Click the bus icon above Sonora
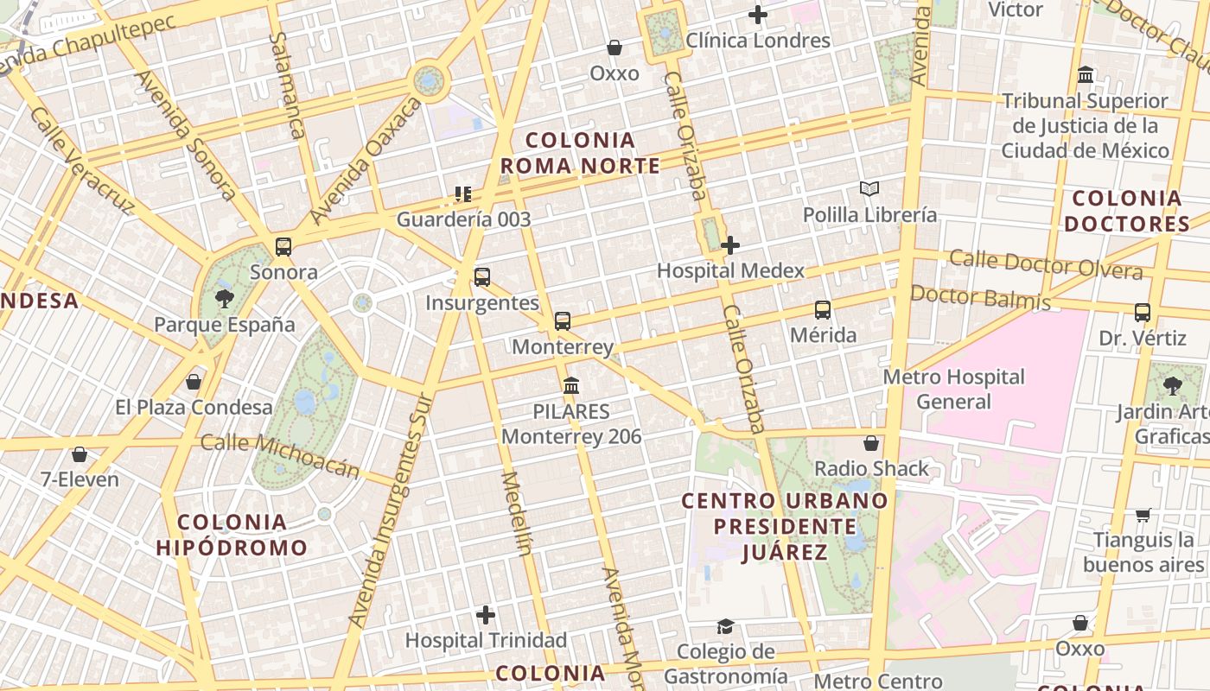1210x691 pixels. click(283, 247)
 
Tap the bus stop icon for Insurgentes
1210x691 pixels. click(482, 277)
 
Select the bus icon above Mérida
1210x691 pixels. click(823, 309)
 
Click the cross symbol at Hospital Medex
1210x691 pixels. click(730, 245)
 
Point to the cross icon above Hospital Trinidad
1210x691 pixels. click(486, 615)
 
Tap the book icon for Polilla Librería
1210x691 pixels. click(869, 188)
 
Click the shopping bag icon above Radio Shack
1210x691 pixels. click(871, 443)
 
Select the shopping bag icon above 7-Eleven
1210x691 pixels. click(80, 453)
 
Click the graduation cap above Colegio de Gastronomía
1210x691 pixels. click(725, 626)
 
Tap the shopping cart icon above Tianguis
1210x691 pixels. click(1143, 516)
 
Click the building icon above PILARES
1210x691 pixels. click(571, 385)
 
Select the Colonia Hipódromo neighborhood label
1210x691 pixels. click(232, 535)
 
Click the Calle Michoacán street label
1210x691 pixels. click(280, 455)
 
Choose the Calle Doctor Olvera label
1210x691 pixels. click(1046, 264)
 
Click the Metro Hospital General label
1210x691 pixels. click(953, 389)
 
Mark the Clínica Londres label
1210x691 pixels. click(758, 41)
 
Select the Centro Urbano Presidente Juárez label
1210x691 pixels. click(785, 526)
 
